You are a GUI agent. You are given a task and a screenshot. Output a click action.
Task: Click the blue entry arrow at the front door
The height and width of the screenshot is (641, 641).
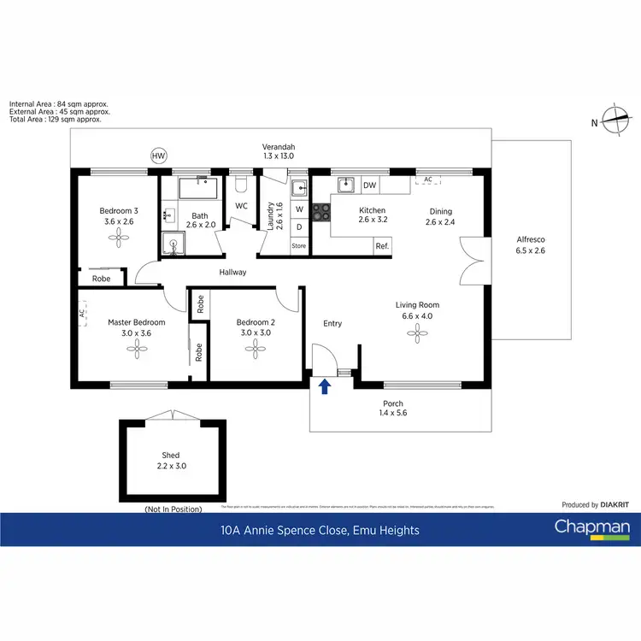(x=324, y=387)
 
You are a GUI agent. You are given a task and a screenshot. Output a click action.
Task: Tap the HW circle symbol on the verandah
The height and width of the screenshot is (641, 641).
(x=158, y=156)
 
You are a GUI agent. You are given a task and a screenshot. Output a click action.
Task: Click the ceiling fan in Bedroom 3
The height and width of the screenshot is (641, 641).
(x=116, y=241)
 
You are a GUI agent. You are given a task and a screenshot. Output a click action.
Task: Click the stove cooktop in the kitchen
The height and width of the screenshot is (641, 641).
(x=321, y=211)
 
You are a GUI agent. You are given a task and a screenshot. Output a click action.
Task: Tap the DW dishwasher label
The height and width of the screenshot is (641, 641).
(x=369, y=185)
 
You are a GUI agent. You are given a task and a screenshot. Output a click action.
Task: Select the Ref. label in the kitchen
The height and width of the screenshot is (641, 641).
(x=382, y=246)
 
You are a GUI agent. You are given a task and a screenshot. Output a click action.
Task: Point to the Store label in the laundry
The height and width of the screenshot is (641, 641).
(x=298, y=246)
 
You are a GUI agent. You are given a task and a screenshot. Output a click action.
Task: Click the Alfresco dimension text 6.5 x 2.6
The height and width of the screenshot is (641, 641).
(x=531, y=250)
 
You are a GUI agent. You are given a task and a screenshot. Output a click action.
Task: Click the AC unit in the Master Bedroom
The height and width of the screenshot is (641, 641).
(x=82, y=314)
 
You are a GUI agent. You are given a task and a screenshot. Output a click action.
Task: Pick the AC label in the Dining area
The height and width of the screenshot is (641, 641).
(x=426, y=179)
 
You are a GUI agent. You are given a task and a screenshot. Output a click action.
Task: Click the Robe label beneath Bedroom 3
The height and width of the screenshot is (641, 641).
(x=101, y=279)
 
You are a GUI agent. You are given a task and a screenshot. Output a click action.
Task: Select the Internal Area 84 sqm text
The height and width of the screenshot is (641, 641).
(x=58, y=104)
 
